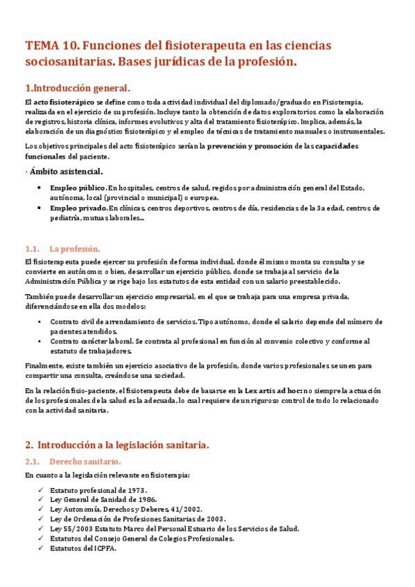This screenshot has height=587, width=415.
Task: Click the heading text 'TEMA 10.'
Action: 51,46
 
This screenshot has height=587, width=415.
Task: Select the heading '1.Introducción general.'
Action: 77,89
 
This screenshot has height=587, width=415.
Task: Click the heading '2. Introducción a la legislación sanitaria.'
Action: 116,444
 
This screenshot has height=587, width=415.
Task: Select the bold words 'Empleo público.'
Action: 78,188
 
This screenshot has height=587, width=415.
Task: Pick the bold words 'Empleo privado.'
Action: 79,208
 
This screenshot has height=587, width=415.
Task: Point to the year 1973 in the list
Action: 134,489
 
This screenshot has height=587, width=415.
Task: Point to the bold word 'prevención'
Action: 231,146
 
